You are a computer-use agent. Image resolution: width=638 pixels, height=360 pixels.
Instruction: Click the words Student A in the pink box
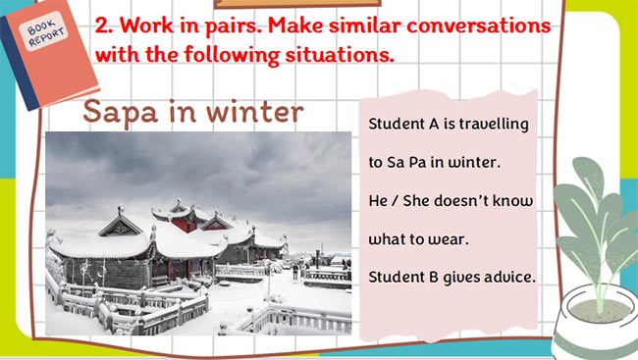click(x=405, y=126)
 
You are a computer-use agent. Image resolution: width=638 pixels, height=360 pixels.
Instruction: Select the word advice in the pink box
click(x=506, y=277)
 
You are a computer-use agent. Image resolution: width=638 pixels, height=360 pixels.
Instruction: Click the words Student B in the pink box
click(x=405, y=277)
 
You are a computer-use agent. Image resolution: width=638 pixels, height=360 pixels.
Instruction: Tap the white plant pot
click(x=594, y=324)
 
